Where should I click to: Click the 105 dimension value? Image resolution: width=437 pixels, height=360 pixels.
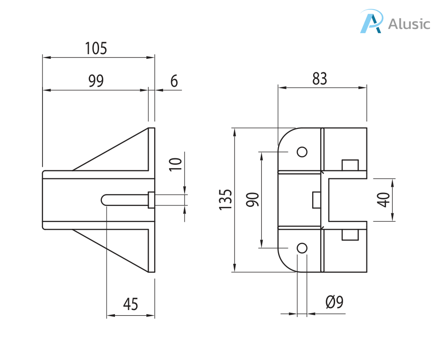(x=96, y=48)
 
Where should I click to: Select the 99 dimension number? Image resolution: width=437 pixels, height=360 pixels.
(x=96, y=81)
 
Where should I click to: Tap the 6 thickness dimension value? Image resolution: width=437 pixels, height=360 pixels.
(x=174, y=81)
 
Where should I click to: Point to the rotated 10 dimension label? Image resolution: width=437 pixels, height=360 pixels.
(x=176, y=164)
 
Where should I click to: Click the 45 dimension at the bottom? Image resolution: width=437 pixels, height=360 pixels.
(x=130, y=304)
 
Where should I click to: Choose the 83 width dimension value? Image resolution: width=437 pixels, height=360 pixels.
(x=319, y=78)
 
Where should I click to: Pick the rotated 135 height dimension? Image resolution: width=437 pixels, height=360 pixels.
(x=225, y=200)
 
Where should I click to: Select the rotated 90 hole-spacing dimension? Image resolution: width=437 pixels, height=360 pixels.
(x=252, y=199)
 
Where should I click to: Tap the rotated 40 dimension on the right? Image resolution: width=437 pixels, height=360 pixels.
(x=383, y=200)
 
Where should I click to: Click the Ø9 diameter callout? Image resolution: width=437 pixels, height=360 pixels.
(x=335, y=302)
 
